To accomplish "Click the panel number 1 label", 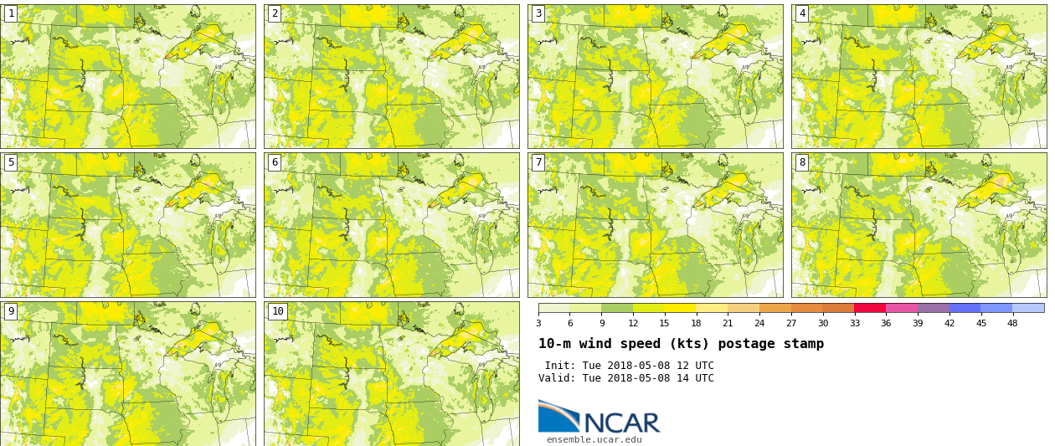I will pyautogui.click(x=10, y=13).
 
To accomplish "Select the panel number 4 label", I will pyautogui.click(x=801, y=13).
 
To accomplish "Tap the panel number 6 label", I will pyautogui.click(x=274, y=162).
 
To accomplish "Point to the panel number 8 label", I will pyautogui.click(x=801, y=162).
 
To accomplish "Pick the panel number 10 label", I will pyautogui.click(x=277, y=311).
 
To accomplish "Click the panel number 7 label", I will pyautogui.click(x=538, y=162).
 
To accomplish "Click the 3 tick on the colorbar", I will pyautogui.click(x=538, y=324).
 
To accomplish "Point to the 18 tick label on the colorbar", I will pyautogui.click(x=696, y=324).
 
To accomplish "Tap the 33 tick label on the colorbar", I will pyautogui.click(x=854, y=324).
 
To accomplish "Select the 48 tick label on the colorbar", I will pyautogui.click(x=1012, y=324).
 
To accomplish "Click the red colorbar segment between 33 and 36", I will pyautogui.click(x=870, y=308).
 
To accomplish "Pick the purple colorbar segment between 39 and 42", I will pyautogui.click(x=933, y=308).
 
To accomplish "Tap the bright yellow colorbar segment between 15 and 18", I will pyautogui.click(x=680, y=308).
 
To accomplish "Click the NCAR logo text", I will pyautogui.click(x=621, y=423).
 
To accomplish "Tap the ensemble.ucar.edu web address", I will pyautogui.click(x=594, y=440).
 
